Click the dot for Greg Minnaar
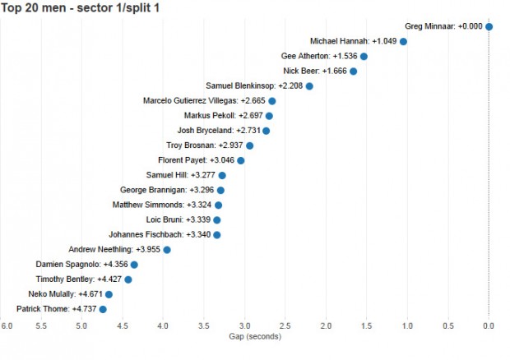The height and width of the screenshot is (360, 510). [489, 26]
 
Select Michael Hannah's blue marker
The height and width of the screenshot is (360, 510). [403, 41]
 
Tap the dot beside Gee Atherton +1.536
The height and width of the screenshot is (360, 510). [364, 56]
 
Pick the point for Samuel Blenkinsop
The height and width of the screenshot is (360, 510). [309, 85]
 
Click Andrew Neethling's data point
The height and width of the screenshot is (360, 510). [167, 249]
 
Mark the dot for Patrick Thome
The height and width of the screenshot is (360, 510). [103, 309]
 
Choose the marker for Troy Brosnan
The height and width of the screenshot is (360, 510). [249, 145]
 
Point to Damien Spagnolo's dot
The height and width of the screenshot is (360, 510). [134, 265]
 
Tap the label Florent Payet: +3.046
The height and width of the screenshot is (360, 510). [197, 160]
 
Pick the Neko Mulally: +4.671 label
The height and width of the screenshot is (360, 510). [63, 293]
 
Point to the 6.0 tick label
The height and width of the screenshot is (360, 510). [7, 326]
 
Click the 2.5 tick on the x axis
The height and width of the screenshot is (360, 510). [285, 326]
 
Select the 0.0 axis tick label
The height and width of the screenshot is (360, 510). [489, 326]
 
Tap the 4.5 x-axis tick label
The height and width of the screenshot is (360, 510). [122, 326]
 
